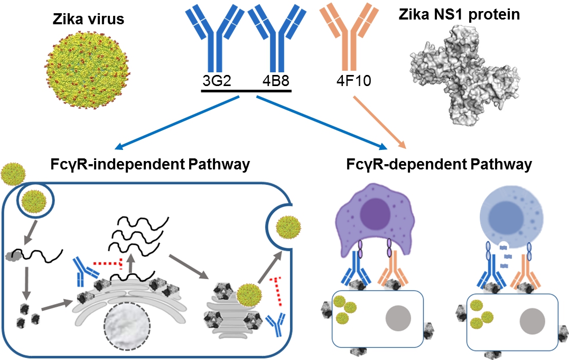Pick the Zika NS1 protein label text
[458, 14]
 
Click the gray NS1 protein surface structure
[460, 79]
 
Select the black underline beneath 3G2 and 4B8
[246, 91]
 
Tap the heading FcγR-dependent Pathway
[439, 164]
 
